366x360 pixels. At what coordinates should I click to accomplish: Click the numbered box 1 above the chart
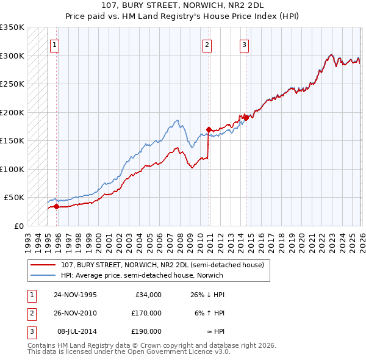tap(55, 44)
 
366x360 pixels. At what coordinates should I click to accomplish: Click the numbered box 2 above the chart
tap(207, 44)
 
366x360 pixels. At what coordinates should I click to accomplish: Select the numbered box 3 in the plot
tap(244, 44)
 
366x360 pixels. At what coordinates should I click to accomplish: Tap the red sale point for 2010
tap(209, 129)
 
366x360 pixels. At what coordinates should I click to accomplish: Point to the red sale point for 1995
tap(57, 206)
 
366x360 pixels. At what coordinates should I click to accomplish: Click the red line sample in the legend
tap(43, 265)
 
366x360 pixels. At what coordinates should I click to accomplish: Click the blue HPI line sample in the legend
tap(43, 275)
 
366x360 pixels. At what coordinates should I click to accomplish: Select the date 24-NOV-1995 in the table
tap(75, 295)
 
